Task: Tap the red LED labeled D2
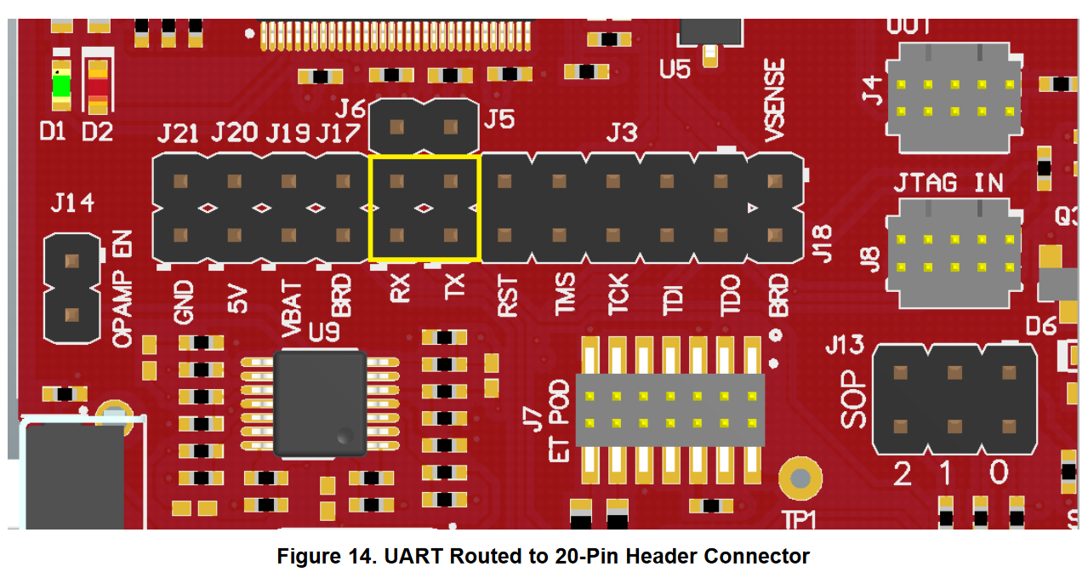98,86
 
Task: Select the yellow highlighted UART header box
424,207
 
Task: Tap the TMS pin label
564,295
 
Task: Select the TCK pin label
618,295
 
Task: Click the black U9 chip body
320,402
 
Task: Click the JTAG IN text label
948,183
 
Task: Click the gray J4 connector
953,98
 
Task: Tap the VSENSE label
775,100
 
